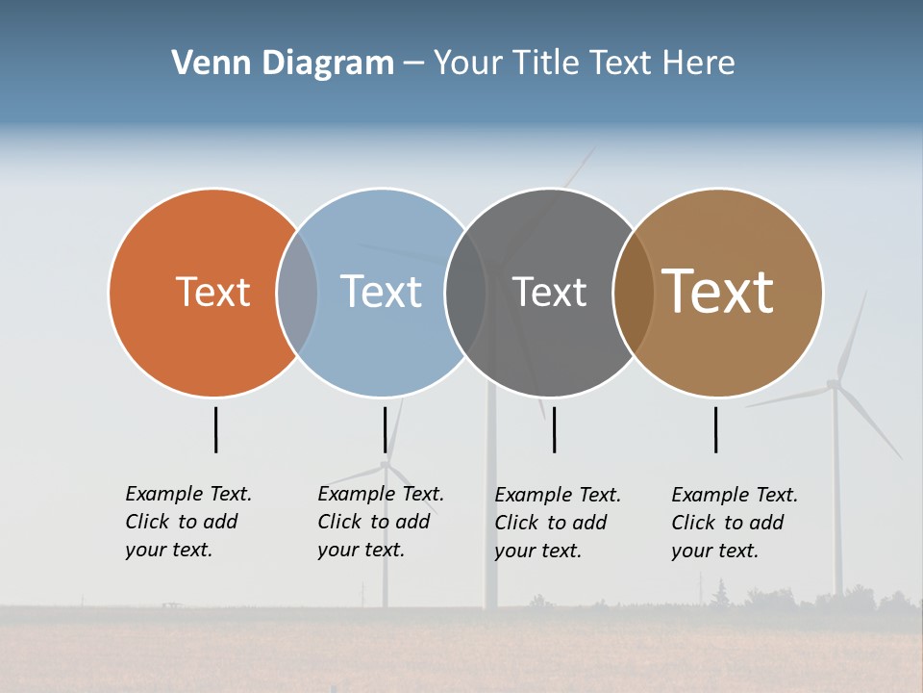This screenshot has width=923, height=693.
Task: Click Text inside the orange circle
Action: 212,292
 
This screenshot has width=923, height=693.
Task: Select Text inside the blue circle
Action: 381,292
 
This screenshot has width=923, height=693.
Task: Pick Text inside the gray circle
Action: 549,292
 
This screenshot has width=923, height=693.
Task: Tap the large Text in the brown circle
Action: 717,292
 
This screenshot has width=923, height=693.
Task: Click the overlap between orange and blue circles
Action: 297,293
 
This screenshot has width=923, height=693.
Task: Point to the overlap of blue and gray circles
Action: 465,293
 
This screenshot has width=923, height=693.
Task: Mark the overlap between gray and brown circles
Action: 633,293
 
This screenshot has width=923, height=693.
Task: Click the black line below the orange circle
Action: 215,429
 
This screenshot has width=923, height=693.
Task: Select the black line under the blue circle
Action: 385,429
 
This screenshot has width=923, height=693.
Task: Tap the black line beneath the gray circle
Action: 554,429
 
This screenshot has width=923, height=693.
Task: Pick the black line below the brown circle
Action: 715,429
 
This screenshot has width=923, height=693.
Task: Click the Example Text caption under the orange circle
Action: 188,522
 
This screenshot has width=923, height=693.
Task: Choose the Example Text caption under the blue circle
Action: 381,522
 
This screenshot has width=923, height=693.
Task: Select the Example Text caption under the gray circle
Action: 558,523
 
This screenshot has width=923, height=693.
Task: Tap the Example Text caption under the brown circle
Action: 735,523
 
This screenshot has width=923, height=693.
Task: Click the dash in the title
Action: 413,64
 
